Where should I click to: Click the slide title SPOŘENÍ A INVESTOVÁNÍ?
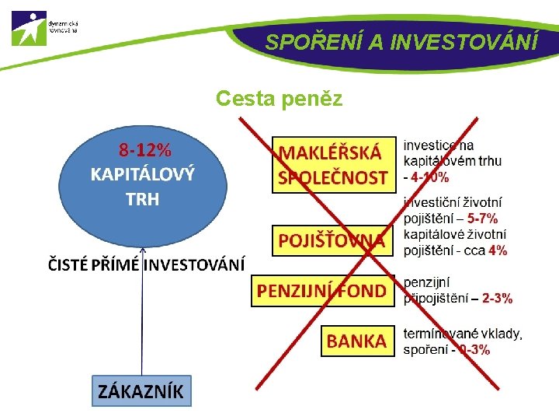point(401,41)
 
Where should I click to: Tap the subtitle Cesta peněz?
point(279,99)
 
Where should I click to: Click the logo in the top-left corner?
point(30,29)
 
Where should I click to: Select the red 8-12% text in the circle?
point(144,149)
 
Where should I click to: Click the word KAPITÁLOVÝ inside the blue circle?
point(142,173)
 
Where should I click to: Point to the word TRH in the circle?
point(142,199)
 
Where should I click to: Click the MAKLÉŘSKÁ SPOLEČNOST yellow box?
point(332,164)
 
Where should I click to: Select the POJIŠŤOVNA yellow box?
point(332,241)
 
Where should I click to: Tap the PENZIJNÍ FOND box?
point(321,291)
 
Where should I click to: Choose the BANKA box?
point(356,341)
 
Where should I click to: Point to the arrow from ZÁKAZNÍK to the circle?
point(143,327)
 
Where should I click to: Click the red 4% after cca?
point(498,250)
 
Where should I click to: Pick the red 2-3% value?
point(497,298)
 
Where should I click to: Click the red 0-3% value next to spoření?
point(474,350)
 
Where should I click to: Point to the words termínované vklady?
point(463,334)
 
